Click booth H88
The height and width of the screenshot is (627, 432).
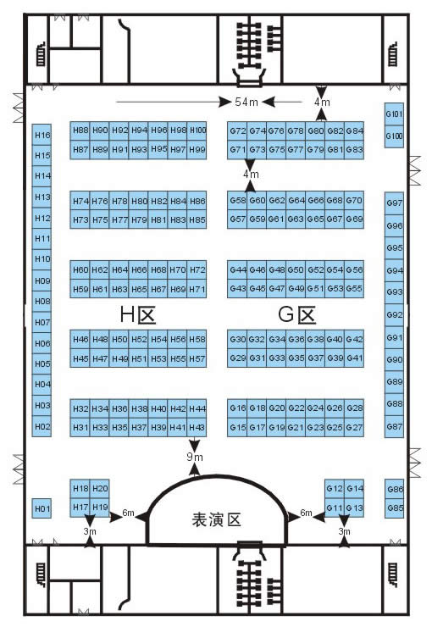coord(80,130)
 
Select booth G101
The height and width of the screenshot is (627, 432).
coord(394,114)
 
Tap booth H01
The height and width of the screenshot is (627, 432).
coord(42,508)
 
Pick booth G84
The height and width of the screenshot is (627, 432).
coord(354,130)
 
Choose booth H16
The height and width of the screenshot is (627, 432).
coord(42,135)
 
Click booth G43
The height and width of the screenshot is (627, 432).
coord(237,289)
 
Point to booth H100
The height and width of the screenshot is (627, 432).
coord(197,130)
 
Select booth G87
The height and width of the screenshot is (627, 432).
coord(394,427)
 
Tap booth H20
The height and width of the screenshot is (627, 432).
coord(99,489)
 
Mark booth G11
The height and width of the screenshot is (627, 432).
coord(335,508)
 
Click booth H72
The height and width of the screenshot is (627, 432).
coord(197,270)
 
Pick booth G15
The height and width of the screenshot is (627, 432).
coord(237,428)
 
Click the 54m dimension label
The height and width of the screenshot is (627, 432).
coord(246,102)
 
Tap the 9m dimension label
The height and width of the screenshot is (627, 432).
coord(195,457)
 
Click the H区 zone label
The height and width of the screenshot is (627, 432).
coord(138,314)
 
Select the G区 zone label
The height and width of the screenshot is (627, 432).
coord(297,314)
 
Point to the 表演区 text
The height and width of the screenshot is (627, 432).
coord(216,520)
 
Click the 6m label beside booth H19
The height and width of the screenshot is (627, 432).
coord(128,513)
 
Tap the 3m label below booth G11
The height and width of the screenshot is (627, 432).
coord(344,531)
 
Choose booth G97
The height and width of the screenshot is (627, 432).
coord(394,203)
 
